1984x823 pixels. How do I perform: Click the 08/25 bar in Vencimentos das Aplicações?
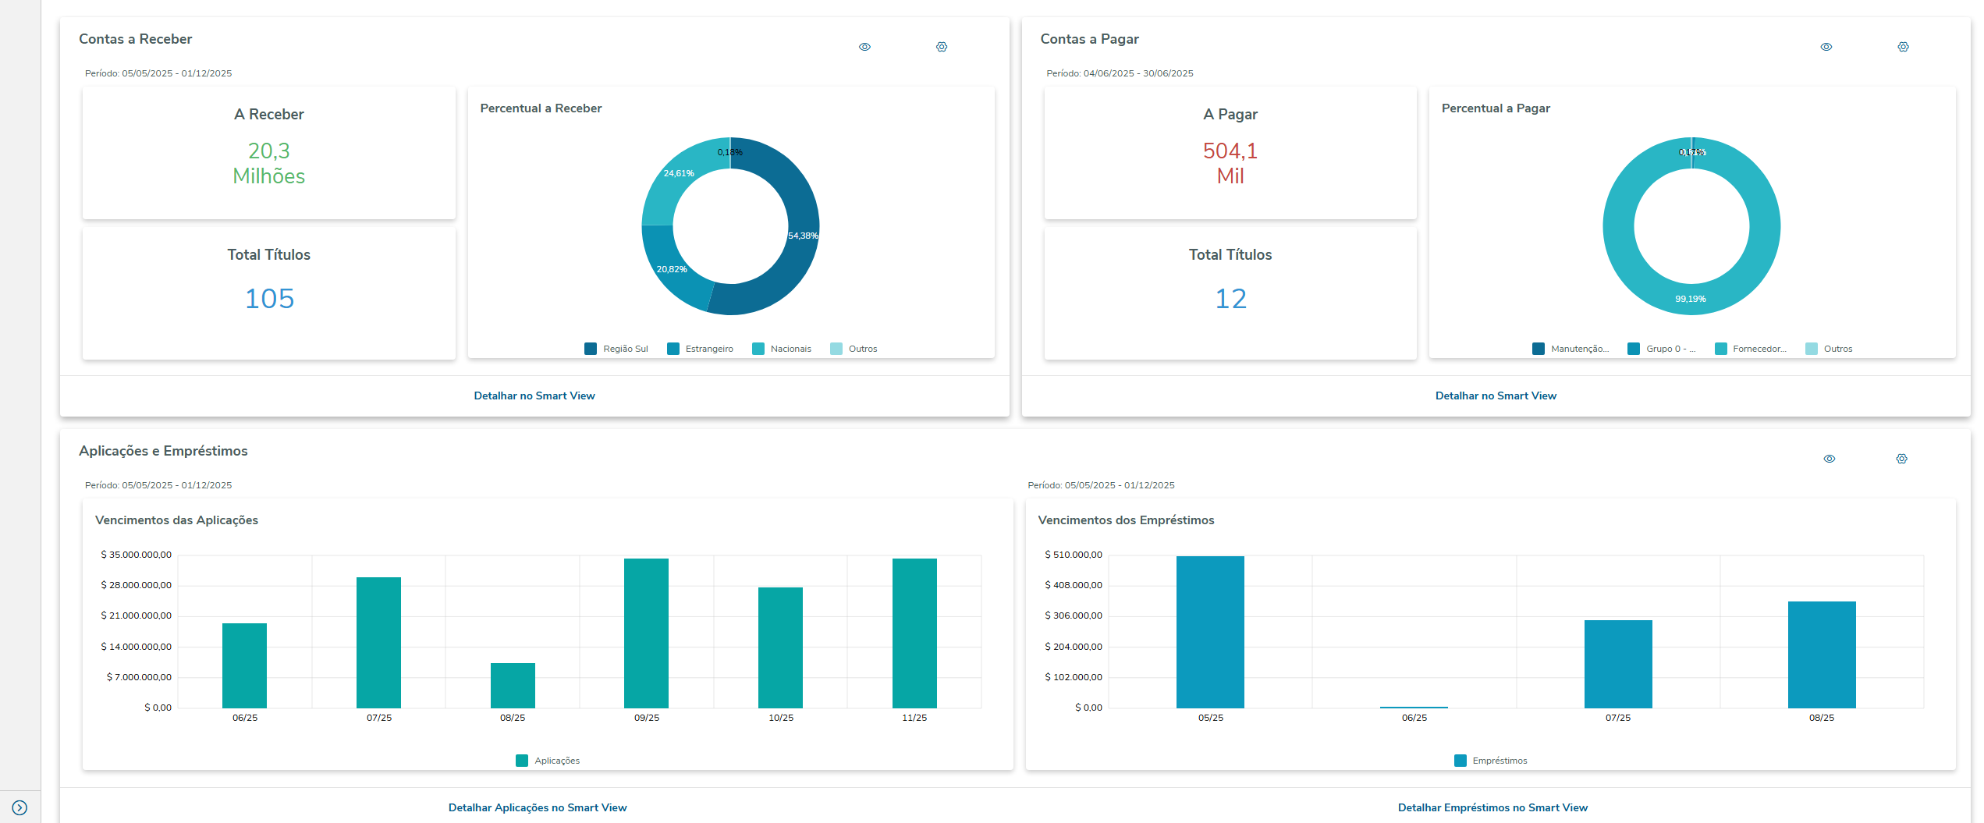(513, 685)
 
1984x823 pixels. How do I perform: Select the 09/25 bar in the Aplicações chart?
(646, 633)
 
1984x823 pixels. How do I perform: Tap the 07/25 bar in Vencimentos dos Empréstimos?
(1617, 664)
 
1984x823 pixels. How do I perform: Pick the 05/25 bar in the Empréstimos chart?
(1210, 632)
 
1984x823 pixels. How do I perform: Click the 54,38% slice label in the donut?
(803, 236)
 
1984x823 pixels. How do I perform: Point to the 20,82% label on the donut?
(672, 269)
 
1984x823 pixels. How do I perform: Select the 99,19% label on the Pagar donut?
(1691, 299)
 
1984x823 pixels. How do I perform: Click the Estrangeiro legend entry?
(700, 349)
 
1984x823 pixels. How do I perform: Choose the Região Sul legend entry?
(616, 349)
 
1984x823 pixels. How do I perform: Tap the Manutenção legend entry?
(1571, 349)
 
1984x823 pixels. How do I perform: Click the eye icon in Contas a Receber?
(864, 47)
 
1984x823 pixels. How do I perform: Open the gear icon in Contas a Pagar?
(1903, 47)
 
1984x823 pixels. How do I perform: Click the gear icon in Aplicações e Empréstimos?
(1901, 459)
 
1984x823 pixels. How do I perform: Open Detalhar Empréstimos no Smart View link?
(1492, 807)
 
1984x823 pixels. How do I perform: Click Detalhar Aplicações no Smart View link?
(538, 807)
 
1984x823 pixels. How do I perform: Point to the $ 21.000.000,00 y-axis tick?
(137, 615)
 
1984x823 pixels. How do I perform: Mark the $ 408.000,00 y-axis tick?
(1074, 585)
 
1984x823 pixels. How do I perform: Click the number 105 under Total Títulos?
(269, 299)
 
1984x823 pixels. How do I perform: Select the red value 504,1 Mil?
(1230, 163)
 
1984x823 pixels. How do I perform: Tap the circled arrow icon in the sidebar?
(20, 808)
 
